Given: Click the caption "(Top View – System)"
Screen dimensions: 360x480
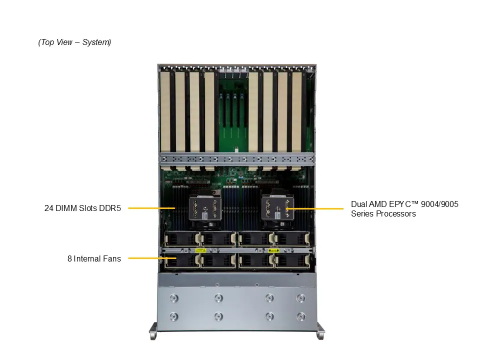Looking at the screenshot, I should click(x=74, y=42).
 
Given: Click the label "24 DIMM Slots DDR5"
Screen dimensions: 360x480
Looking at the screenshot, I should click(x=82, y=208).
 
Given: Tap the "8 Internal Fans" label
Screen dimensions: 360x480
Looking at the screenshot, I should click(x=94, y=258).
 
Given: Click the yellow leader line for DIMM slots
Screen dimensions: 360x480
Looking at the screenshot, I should click(x=150, y=208).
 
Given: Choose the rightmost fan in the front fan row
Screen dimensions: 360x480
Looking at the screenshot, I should click(x=292, y=260).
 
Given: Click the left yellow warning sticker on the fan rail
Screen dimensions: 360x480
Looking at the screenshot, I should click(x=200, y=249).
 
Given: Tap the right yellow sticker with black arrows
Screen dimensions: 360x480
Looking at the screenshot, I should click(x=273, y=249).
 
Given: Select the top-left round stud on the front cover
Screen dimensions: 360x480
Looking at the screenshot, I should click(x=173, y=298).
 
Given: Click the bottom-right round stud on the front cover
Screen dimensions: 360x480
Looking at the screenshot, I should click(x=300, y=316).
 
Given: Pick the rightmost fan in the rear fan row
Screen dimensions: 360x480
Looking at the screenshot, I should click(x=292, y=238).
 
